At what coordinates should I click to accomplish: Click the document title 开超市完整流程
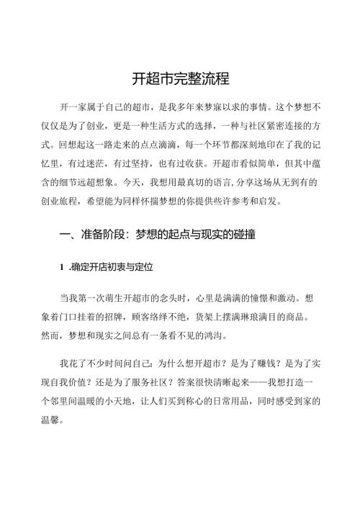180,78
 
